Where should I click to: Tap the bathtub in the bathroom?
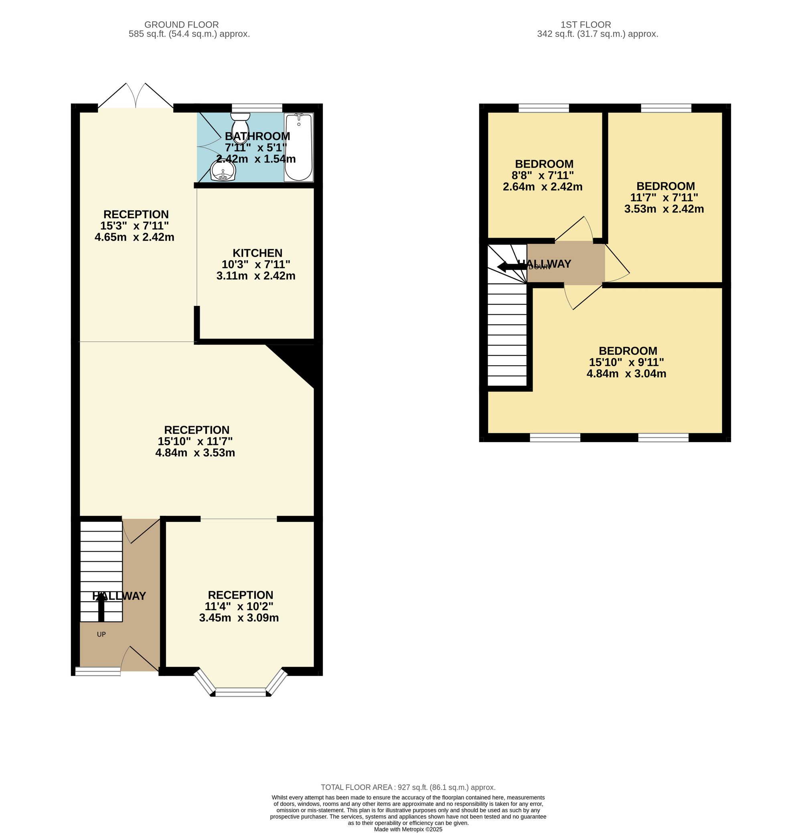pyautogui.click(x=298, y=147)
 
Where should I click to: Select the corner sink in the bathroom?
pyautogui.click(x=223, y=172)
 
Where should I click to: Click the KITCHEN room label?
pyautogui.click(x=257, y=253)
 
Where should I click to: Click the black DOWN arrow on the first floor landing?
pyautogui.click(x=512, y=267)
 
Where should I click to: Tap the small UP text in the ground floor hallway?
pyautogui.click(x=101, y=634)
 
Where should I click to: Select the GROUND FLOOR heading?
pyautogui.click(x=182, y=24)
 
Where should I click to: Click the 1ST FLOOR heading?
pyautogui.click(x=585, y=24)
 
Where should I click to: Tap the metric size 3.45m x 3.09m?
pyautogui.click(x=239, y=617)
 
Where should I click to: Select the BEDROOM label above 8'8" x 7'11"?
pyautogui.click(x=544, y=164)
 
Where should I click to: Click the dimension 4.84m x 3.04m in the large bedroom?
pyautogui.click(x=626, y=374)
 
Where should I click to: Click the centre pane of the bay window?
pyautogui.click(x=241, y=693)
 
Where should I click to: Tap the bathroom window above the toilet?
pyautogui.click(x=257, y=107)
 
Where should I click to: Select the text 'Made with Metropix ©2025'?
pyautogui.click(x=408, y=829)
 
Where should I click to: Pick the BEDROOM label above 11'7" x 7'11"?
pyautogui.click(x=666, y=186)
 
